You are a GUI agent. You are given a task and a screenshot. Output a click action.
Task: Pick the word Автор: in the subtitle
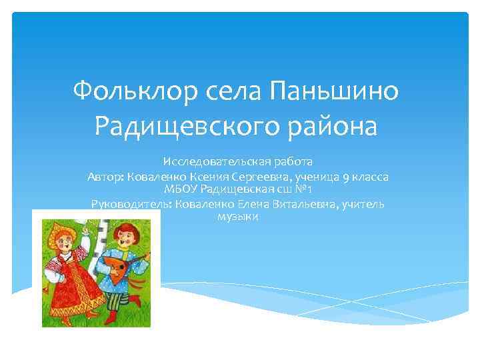103,177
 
